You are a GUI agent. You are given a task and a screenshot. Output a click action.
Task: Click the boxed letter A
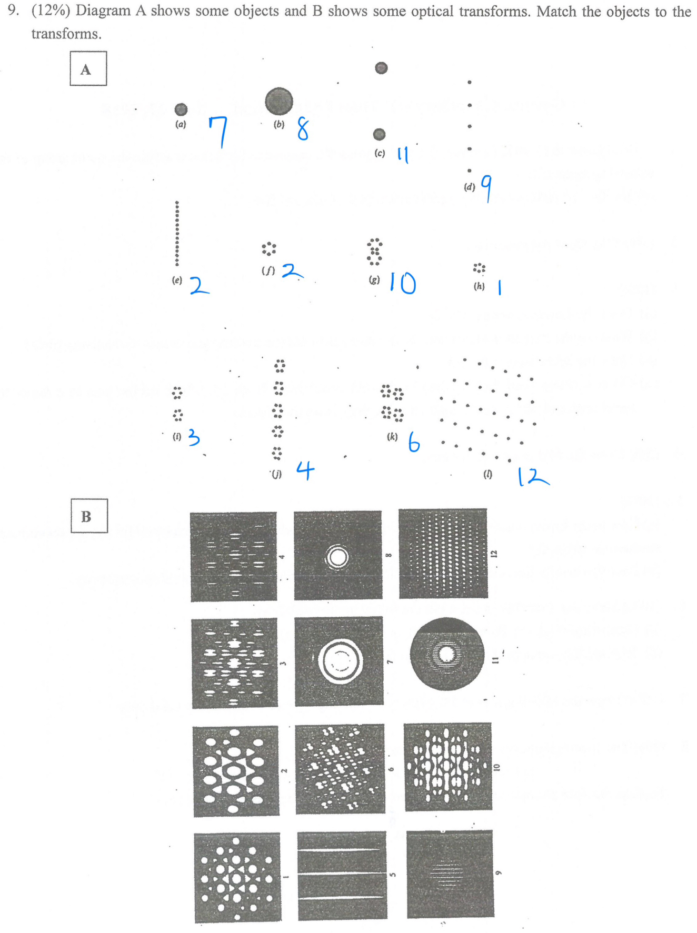[87, 69]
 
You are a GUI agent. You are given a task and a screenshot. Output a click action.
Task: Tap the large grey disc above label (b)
[278, 101]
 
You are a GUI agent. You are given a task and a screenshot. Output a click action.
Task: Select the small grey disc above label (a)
[181, 109]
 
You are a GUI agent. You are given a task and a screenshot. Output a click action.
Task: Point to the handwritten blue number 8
[303, 129]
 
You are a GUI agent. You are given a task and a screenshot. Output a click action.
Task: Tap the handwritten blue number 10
[403, 283]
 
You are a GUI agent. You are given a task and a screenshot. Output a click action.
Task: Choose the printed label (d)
[469, 187]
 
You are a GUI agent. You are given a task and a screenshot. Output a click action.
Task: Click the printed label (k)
[392, 437]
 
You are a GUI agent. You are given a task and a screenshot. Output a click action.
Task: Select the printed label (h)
[479, 286]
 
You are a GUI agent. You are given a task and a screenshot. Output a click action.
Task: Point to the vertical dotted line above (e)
[177, 234]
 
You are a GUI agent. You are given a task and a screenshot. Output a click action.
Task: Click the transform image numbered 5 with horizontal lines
[342, 875]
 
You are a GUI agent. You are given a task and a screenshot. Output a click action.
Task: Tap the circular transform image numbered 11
[446, 654]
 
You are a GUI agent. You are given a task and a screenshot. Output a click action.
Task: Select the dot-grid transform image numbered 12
[443, 553]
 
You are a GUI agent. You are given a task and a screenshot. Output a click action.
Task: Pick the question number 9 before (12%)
[13, 12]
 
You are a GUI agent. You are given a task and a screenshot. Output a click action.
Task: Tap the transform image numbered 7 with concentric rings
[339, 661]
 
